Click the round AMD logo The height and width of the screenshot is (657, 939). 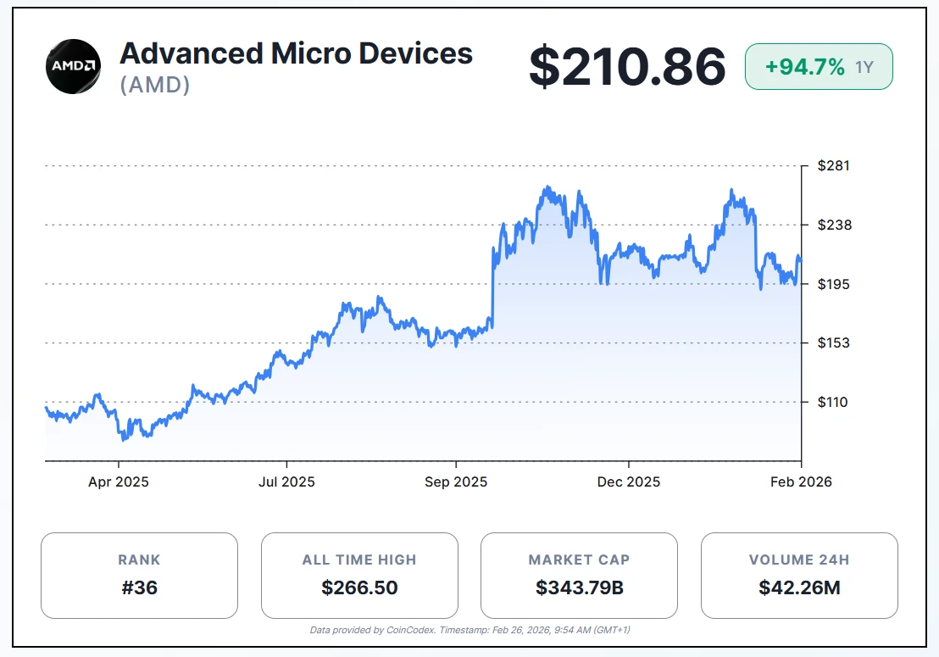73,66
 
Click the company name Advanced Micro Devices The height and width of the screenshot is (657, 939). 296,53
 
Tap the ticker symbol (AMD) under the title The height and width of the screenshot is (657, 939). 155,85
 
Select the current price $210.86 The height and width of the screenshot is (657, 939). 627,67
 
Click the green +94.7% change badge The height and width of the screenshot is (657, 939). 818,67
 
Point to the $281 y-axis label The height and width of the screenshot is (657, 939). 833,166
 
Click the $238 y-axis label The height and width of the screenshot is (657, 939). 833,225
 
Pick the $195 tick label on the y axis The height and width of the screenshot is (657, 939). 833,284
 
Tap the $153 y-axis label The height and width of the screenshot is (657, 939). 833,343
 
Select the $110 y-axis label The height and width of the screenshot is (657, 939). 833,402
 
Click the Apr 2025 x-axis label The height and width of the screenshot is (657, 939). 118,482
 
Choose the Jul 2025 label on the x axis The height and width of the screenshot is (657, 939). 286,482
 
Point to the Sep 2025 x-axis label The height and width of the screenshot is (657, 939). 456,482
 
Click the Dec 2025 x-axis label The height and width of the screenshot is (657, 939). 628,482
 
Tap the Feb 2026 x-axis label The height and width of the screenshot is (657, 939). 800,482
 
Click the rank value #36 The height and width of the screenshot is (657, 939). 139,587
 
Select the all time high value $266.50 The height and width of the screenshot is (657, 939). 359,587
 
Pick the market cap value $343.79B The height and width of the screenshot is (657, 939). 579,587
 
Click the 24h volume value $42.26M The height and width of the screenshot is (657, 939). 799,587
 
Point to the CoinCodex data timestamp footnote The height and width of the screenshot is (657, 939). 470,630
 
